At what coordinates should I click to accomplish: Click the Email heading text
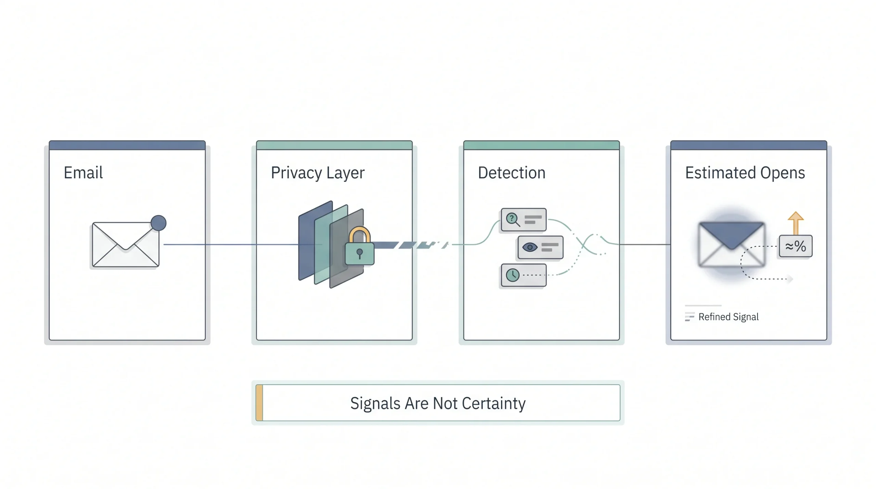click(x=83, y=172)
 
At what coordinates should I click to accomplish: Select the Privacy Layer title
click(x=318, y=173)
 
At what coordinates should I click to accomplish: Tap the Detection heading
click(x=512, y=172)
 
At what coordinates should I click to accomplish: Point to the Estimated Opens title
click(x=745, y=173)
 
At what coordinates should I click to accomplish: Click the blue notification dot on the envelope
click(x=158, y=223)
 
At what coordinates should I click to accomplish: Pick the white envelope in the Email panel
click(x=126, y=244)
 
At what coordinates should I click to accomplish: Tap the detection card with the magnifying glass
click(x=524, y=220)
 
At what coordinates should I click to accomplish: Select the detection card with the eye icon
click(x=540, y=247)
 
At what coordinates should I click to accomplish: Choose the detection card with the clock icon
click(x=524, y=275)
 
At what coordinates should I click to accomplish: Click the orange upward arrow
click(x=796, y=223)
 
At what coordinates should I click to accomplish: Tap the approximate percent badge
click(x=796, y=246)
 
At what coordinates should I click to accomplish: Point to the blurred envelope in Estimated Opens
click(x=731, y=244)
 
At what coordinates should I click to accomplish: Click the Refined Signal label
click(x=729, y=317)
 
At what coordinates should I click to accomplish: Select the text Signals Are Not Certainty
click(x=438, y=403)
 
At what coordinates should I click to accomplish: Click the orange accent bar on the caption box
click(x=259, y=403)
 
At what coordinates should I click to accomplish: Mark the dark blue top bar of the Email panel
click(x=127, y=145)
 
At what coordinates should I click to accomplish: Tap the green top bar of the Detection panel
click(x=541, y=145)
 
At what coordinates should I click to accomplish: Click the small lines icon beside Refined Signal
click(x=690, y=317)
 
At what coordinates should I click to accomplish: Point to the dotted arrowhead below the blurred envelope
click(x=790, y=279)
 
